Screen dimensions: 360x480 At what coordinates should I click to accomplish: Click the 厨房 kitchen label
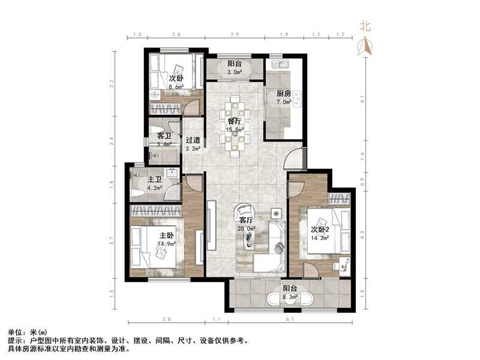click(284, 93)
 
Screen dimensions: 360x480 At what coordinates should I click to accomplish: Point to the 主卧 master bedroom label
click(166, 235)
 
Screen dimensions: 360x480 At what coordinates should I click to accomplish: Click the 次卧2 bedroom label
click(321, 229)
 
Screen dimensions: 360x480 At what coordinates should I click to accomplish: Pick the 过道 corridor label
click(192, 142)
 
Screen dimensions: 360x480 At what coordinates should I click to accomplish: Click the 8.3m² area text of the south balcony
click(290, 296)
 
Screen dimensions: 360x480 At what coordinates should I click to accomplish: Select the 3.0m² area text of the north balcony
click(235, 72)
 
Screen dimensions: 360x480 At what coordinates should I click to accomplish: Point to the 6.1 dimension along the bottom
click(290, 319)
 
